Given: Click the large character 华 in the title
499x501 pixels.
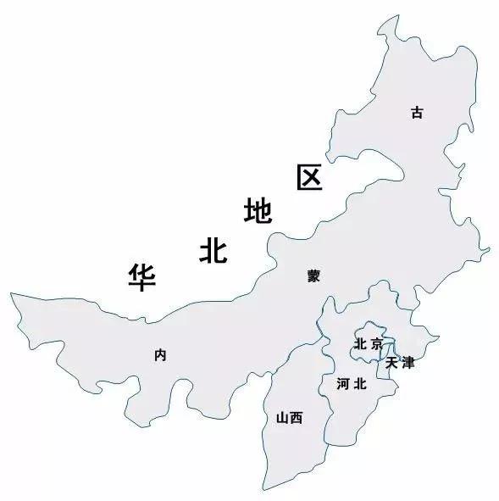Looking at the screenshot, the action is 141,276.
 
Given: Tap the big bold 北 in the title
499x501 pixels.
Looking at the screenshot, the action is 213,249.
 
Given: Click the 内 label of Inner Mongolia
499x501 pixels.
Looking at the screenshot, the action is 160,355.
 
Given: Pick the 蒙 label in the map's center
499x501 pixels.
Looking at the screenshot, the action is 313,276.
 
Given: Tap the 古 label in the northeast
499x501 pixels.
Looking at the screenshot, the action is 416,112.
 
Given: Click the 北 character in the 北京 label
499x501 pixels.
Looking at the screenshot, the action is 360,344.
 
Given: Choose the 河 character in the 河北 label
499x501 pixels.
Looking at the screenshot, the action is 342,384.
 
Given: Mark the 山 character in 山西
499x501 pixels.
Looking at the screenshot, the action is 282,417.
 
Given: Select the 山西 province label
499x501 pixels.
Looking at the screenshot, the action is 289,417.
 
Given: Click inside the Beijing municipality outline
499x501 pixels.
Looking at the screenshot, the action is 370,332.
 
